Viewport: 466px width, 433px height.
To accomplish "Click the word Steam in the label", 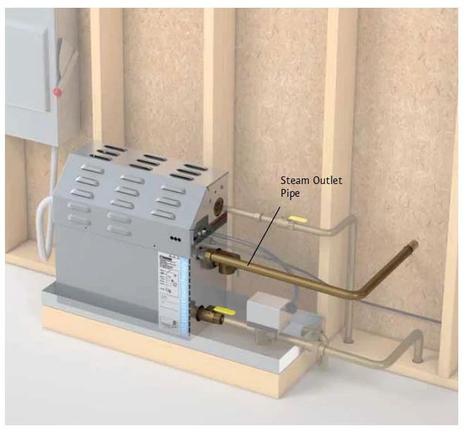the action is [295, 181].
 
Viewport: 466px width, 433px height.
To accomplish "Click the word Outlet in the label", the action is [326, 181].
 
